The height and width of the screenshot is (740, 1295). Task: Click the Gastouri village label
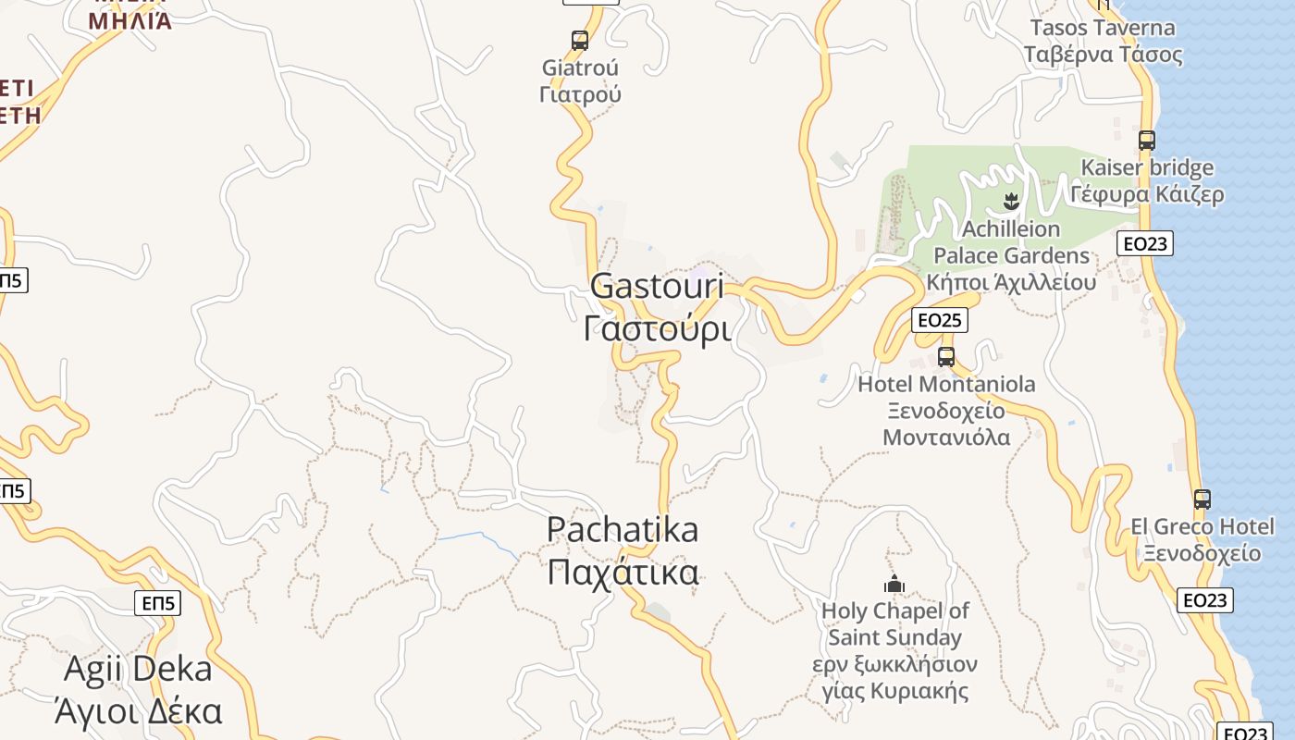click(657, 286)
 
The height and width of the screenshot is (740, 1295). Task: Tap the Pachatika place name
click(623, 530)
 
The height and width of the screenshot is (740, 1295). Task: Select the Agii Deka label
click(138, 669)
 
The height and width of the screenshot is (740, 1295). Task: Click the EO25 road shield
click(939, 320)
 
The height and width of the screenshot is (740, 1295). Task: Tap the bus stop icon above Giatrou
click(580, 41)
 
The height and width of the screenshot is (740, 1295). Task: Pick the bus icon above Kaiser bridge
click(1147, 141)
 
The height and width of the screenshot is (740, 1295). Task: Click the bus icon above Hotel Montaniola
click(946, 357)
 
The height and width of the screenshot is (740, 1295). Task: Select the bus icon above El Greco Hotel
click(1202, 499)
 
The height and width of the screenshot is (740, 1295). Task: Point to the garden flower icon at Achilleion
click(1011, 200)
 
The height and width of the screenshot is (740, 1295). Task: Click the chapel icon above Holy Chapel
click(894, 584)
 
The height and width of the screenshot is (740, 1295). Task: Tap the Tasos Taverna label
click(1103, 28)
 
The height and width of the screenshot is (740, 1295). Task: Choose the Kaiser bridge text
click(1147, 168)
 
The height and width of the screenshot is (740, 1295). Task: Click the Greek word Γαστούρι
click(657, 328)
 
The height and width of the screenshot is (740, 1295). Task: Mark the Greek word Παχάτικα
click(623, 573)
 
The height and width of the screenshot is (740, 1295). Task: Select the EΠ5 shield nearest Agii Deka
click(158, 603)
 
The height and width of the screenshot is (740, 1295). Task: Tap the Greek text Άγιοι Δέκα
click(138, 711)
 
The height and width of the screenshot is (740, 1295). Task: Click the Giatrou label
click(580, 68)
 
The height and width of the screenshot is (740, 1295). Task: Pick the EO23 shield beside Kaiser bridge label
click(1145, 243)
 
